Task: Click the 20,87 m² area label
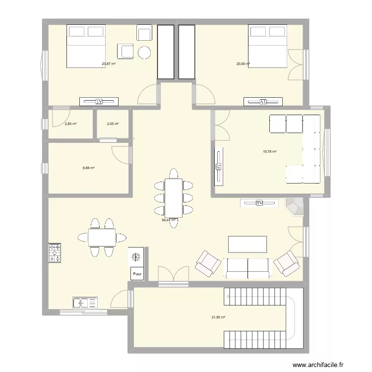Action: pyautogui.click(x=108, y=64)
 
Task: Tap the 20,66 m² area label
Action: pyautogui.click(x=243, y=64)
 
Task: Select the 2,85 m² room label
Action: pyautogui.click(x=70, y=124)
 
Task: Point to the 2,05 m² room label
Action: pyautogui.click(x=113, y=124)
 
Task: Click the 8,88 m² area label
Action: pyautogui.click(x=88, y=168)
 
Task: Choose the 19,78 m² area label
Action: pyautogui.click(x=270, y=152)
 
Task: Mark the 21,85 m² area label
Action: pyautogui.click(x=219, y=317)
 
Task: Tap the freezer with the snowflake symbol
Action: pyautogui.click(x=136, y=257)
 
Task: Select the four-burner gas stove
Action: pyautogui.click(x=55, y=252)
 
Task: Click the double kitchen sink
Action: pyautogui.click(x=85, y=302)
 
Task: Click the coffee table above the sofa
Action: pyautogui.click(x=247, y=245)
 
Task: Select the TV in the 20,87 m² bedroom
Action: pyautogui.click(x=99, y=102)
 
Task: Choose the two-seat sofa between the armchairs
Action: pyautogui.click(x=247, y=268)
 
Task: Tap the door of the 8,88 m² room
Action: pyautogui.click(x=122, y=154)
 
